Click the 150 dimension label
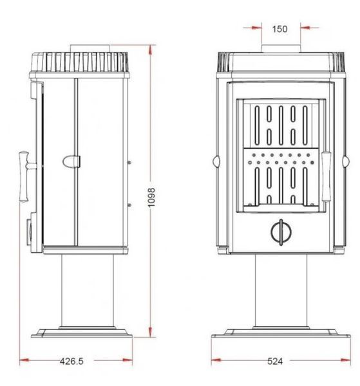pyautogui.click(x=279, y=29)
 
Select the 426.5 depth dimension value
pyautogui.click(x=71, y=361)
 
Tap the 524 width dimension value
pyautogui.click(x=275, y=361)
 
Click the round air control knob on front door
pyautogui.click(x=281, y=232)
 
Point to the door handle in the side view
pyautogui.click(x=26, y=177)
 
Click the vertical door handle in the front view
pyautogui.click(x=326, y=177)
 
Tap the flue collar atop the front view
pyautogui.click(x=281, y=48)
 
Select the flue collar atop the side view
pyautogui.click(x=90, y=48)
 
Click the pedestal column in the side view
pyautogui.click(x=88, y=291)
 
